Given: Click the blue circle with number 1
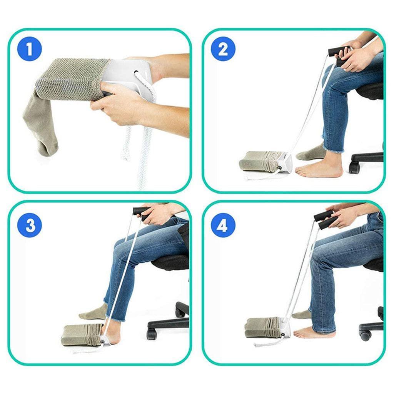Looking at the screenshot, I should [30, 50].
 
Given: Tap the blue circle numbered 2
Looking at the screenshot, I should [222, 50].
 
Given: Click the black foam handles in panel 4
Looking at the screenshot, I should [325, 220].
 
